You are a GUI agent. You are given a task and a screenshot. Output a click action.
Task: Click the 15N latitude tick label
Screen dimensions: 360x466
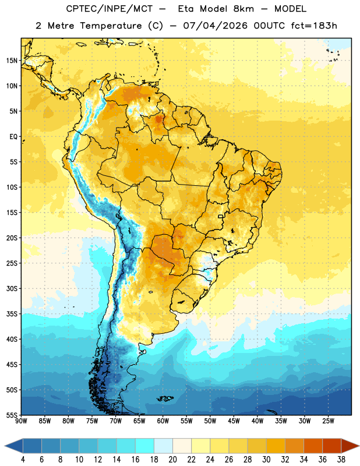pyautogui.click(x=12, y=61)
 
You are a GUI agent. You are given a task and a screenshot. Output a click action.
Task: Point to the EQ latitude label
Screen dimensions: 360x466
pyautogui.click(x=13, y=137)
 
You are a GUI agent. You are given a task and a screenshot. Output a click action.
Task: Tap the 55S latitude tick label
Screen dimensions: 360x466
pyautogui.click(x=12, y=415)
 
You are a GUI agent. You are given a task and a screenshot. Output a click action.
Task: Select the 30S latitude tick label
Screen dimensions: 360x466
pyautogui.click(x=12, y=288)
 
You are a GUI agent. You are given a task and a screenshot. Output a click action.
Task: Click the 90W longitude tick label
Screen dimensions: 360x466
pyautogui.click(x=21, y=421)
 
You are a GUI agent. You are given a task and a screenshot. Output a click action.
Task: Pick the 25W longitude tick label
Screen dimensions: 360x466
pyautogui.click(x=328, y=421)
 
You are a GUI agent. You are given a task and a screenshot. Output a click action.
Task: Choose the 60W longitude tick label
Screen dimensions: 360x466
pyautogui.click(x=163, y=421)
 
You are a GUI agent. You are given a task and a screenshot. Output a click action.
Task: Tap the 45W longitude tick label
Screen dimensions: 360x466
pyautogui.click(x=234, y=421)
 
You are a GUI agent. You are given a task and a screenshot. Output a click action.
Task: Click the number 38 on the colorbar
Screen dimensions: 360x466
pyautogui.click(x=341, y=460)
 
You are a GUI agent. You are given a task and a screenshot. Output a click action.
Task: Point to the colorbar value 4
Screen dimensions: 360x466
pyautogui.click(x=23, y=460)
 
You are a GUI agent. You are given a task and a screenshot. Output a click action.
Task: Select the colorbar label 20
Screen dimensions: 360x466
pyautogui.click(x=172, y=460)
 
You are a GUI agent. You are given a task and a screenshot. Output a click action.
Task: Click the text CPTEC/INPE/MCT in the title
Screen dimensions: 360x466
pyautogui.click(x=109, y=9)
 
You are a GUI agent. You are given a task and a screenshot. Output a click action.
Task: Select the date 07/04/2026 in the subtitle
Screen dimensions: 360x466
pyautogui.click(x=215, y=26)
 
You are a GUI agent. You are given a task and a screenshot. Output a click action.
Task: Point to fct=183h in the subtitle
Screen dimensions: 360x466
pyautogui.click(x=314, y=26)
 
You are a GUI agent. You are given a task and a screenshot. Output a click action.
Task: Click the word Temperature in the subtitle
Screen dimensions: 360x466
pyautogui.click(x=111, y=26)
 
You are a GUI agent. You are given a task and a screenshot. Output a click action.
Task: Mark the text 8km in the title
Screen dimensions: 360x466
pyautogui.click(x=243, y=9)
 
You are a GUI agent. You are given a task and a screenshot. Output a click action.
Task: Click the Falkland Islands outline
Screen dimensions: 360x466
pyautogui.click(x=165, y=398)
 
